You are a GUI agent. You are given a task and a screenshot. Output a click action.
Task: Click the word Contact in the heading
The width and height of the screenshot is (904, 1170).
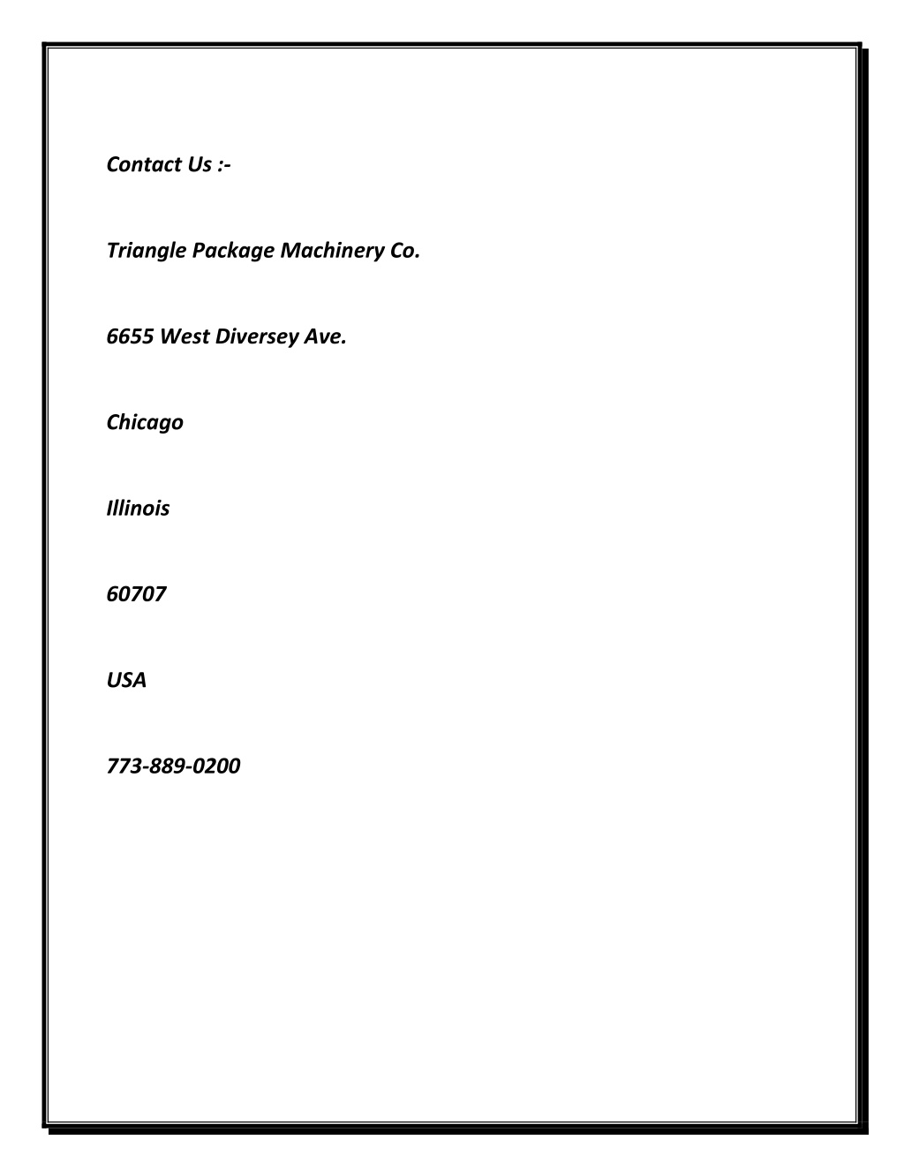144,164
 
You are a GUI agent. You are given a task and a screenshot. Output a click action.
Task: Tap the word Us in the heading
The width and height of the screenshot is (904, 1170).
200,164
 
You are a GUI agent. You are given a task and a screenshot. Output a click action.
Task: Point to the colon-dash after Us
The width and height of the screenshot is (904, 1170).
224,166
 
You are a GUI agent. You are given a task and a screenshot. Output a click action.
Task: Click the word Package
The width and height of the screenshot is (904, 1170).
233,252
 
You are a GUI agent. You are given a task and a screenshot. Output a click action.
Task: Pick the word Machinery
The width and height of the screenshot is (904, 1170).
332,252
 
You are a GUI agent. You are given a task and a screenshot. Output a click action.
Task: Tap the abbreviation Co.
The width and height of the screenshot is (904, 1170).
404,251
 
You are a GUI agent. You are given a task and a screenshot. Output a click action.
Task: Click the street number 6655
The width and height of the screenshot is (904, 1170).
131,336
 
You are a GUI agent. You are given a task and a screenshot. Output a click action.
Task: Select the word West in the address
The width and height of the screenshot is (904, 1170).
185,336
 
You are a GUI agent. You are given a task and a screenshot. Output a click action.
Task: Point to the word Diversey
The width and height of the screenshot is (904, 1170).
257,337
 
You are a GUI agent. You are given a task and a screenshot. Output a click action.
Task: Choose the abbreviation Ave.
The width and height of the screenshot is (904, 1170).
326,336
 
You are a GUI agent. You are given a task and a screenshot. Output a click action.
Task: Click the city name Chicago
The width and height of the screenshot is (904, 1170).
145,423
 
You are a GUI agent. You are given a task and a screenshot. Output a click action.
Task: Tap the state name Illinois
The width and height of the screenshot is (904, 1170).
138,509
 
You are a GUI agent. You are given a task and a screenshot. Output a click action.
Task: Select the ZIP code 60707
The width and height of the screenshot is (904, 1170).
136,594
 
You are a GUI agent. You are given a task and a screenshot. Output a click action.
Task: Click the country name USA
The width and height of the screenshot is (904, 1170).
126,681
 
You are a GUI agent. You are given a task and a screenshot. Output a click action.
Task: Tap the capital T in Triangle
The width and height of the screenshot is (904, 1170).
114,251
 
